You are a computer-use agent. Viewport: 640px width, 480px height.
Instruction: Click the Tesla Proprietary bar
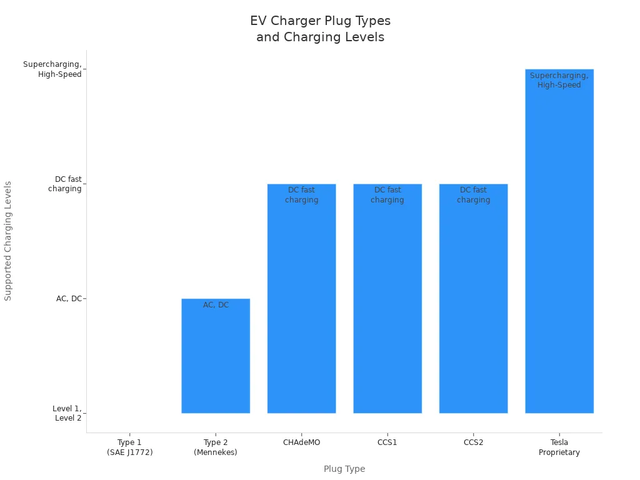click(559, 250)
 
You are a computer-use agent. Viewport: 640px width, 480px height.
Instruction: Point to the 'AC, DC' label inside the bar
click(216, 305)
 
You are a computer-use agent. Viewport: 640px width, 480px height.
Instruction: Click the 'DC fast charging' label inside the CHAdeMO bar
click(301, 195)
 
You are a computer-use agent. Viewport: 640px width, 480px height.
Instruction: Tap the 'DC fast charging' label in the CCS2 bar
click(473, 195)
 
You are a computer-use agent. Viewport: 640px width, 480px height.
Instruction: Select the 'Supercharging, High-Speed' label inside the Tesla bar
click(559, 81)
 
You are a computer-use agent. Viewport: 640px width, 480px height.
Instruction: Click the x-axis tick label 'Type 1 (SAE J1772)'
click(129, 447)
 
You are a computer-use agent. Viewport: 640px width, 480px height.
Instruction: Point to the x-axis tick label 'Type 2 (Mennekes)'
click(216, 447)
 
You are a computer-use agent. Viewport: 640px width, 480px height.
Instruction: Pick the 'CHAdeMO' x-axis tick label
click(301, 442)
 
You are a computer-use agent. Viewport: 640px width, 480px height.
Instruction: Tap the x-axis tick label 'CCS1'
click(387, 442)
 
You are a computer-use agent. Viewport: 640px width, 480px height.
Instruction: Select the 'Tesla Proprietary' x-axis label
click(559, 447)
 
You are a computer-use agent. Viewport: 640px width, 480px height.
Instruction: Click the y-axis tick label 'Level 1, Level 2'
click(67, 413)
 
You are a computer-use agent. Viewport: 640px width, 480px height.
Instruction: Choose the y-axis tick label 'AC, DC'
click(69, 299)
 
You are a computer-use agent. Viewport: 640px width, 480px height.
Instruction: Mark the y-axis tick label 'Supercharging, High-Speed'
click(52, 69)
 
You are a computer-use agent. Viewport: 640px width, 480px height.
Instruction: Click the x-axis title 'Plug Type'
click(344, 469)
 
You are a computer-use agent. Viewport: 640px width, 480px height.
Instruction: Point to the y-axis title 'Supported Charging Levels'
click(8, 241)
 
